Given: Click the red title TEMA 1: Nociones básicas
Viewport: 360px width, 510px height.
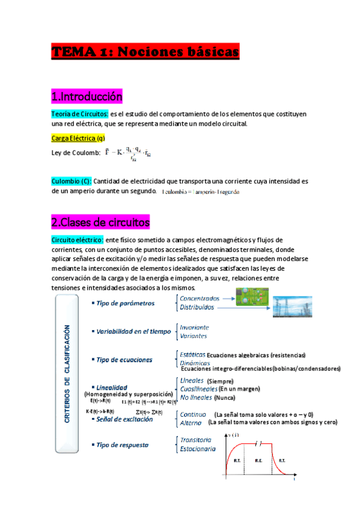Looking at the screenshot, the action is click(x=145, y=53).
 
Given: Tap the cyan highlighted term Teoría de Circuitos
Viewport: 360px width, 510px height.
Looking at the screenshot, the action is click(x=79, y=114).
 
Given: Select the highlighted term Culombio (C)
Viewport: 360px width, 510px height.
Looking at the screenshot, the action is click(x=72, y=180).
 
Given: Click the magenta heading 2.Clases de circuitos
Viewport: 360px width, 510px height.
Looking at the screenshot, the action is click(x=100, y=222).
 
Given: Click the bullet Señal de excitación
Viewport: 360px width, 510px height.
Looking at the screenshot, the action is click(x=124, y=419).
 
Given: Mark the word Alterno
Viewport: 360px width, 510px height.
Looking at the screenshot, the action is click(x=192, y=423).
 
